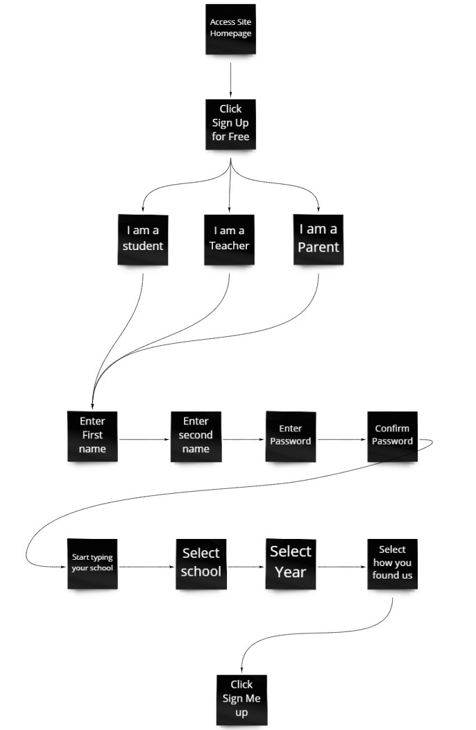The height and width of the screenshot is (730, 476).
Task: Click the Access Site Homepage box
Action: (230, 28)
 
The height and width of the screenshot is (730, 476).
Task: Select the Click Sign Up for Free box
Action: (230, 124)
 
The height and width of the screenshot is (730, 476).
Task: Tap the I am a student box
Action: (143, 239)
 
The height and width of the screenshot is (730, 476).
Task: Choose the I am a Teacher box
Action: (229, 239)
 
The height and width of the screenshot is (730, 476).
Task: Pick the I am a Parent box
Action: (318, 239)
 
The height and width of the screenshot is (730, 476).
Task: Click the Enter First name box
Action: (92, 435)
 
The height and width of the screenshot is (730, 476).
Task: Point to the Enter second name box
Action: (196, 435)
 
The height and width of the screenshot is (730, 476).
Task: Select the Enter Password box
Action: (291, 436)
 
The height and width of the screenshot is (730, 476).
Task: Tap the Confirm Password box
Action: (392, 435)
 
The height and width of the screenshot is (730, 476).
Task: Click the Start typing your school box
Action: (92, 563)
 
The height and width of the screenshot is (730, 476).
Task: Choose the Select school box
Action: (201, 563)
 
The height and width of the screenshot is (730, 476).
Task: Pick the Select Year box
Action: (291, 563)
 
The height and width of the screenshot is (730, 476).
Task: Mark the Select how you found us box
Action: (392, 563)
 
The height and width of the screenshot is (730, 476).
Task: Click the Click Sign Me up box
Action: (241, 699)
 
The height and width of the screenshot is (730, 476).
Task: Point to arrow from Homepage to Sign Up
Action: (230, 76)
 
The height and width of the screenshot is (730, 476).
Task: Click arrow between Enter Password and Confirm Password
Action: (341, 440)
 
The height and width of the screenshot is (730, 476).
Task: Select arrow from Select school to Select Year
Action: (246, 567)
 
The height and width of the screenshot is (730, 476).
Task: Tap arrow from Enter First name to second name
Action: (144, 440)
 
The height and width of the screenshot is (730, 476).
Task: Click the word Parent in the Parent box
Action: (318, 247)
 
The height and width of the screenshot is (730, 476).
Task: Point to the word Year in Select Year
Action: (291, 573)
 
